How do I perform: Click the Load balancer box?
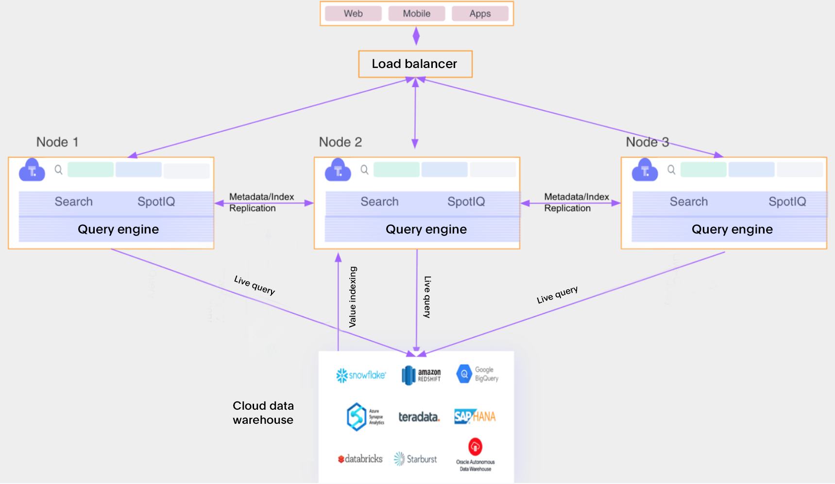pyautogui.click(x=415, y=64)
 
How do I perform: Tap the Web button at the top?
pyautogui.click(x=353, y=14)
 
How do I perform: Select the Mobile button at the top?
pyautogui.click(x=416, y=14)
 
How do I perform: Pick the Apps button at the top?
pyautogui.click(x=480, y=14)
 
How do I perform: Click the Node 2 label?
pyautogui.click(x=341, y=142)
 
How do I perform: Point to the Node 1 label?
pyautogui.click(x=57, y=142)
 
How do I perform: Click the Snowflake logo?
pyautogui.click(x=361, y=375)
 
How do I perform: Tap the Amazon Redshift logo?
pyautogui.click(x=421, y=375)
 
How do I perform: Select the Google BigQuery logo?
pyautogui.click(x=477, y=374)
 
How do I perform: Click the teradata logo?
pyautogui.click(x=419, y=417)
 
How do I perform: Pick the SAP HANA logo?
pyautogui.click(x=475, y=417)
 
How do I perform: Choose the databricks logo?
pyautogui.click(x=360, y=459)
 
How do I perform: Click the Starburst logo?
pyautogui.click(x=416, y=459)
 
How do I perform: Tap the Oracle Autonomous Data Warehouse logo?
pyautogui.click(x=475, y=454)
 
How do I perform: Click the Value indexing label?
pyautogui.click(x=353, y=297)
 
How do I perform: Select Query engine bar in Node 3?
pyautogui.click(x=732, y=229)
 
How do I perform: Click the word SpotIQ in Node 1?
pyautogui.click(x=156, y=201)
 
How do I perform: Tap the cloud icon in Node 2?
pyautogui.click(x=338, y=170)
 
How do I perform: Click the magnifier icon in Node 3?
pyautogui.click(x=671, y=169)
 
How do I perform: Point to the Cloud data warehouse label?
pyautogui.click(x=263, y=413)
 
